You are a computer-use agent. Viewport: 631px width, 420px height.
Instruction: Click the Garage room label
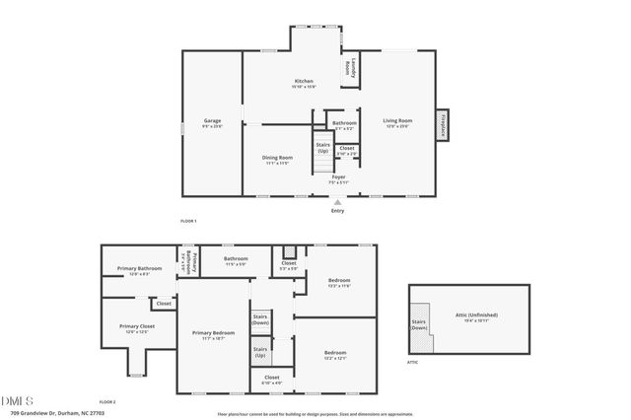212,123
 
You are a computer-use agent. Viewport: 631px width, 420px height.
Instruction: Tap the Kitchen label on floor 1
304,82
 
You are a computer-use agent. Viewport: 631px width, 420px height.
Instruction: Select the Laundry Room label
348,68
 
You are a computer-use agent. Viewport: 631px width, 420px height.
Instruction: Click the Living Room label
397,122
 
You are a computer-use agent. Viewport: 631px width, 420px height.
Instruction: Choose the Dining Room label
278,159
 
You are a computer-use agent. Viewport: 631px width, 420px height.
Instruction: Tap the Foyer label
338,177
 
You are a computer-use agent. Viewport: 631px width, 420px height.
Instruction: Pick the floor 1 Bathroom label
344,124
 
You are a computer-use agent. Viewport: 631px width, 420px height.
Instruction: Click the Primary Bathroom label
139,269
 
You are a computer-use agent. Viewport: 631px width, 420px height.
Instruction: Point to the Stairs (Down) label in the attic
420,324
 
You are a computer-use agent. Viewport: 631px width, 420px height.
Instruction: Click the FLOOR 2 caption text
107,402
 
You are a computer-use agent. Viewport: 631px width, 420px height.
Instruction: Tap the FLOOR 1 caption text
188,221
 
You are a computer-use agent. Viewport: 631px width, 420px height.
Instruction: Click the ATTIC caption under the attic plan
413,363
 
